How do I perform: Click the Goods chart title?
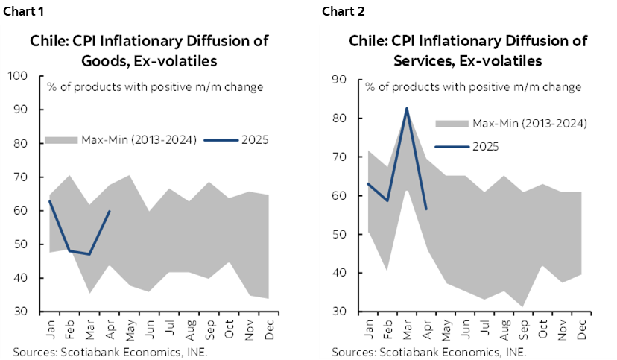coord(149,50)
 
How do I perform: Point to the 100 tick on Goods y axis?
coord(18,76)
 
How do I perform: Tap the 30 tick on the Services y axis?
coord(338,312)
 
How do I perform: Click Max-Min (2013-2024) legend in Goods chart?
coord(120,139)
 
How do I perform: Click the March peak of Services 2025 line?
coord(407,108)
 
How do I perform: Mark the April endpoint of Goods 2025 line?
coord(110,211)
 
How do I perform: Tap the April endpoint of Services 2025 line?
coord(426,209)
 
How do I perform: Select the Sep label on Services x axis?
coord(524,330)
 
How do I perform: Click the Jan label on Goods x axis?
coord(49,330)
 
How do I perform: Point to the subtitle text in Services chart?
coord(473,87)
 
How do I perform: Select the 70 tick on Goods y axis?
coord(21,177)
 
